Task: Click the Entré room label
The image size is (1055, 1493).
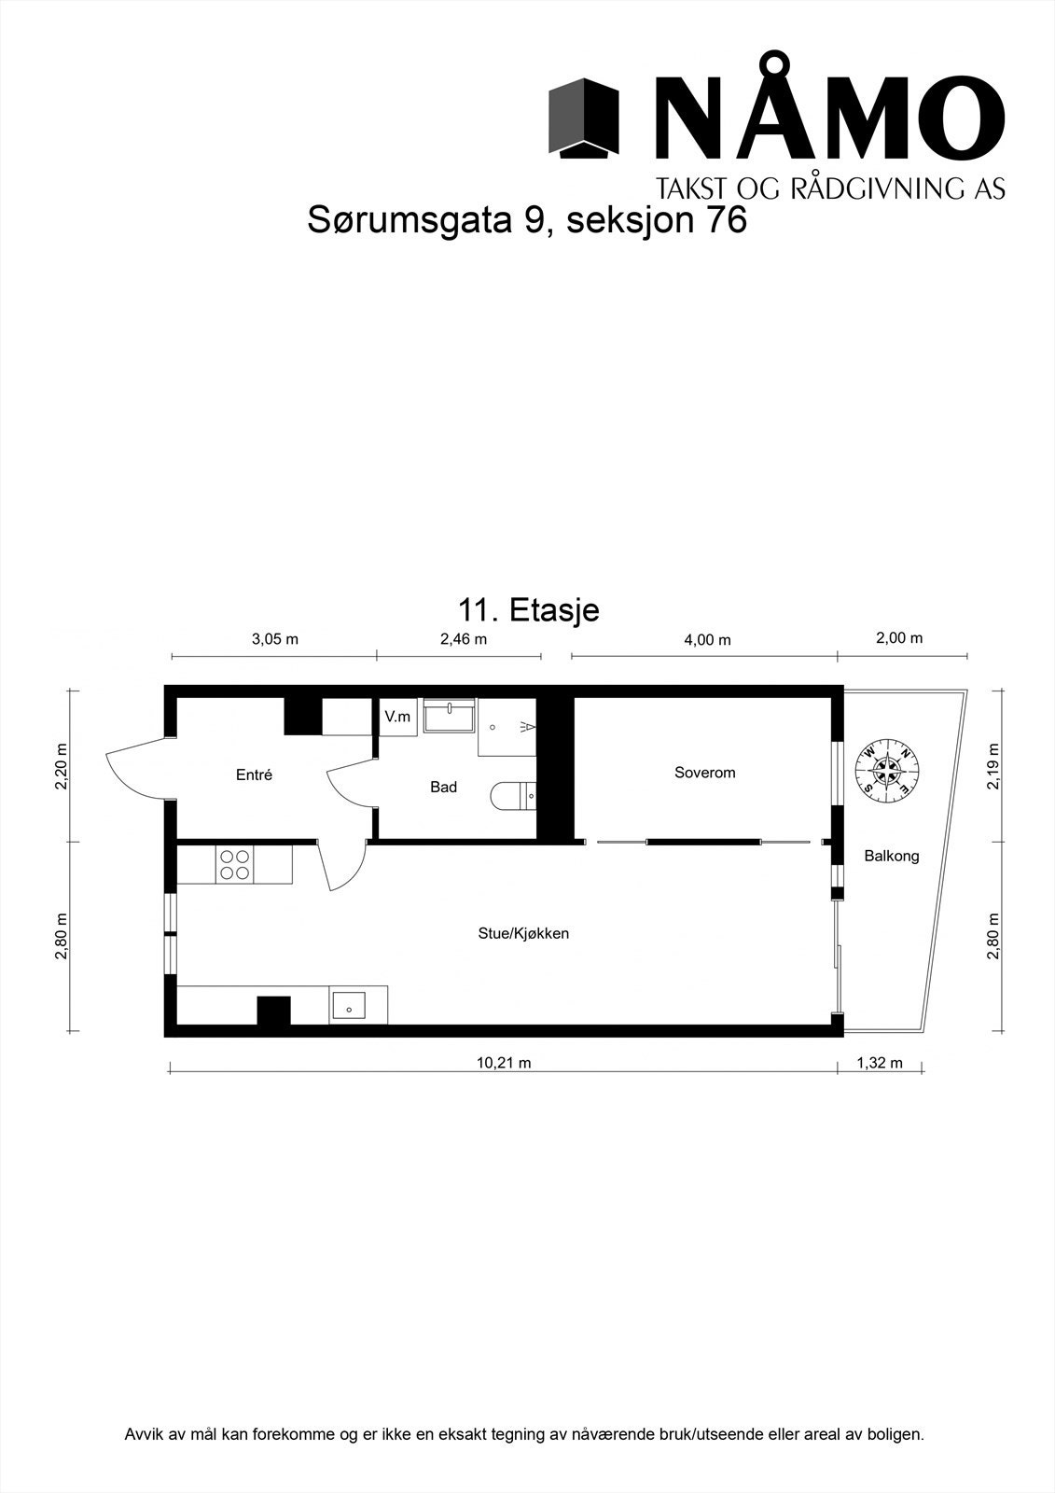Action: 254,774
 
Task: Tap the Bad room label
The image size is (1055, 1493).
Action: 443,788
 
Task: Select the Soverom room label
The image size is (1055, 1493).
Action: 705,773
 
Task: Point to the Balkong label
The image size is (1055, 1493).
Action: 891,856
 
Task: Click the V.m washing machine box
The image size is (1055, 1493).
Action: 397,718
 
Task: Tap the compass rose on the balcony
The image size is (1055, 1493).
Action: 887,770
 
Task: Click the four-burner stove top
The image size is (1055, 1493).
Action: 233,864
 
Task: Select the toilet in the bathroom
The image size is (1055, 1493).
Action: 511,796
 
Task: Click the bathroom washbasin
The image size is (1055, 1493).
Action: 450,718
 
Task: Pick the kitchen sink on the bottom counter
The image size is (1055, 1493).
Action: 349,1007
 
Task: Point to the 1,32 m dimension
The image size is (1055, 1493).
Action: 880,1063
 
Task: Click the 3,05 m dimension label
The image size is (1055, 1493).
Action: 275,639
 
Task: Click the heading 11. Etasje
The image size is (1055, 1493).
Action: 528,610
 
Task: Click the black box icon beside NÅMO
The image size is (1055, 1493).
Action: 583,119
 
